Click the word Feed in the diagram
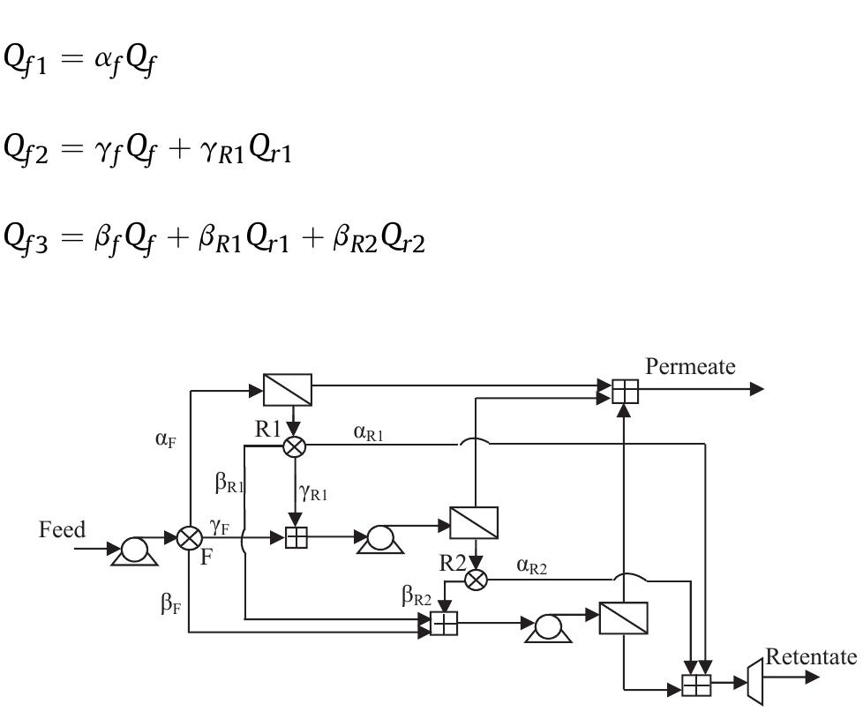(63, 530)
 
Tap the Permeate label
(690, 367)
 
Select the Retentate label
(811, 656)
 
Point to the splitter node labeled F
(189, 537)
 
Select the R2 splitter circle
(476, 580)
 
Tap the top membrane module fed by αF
(288, 389)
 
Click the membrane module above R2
(474, 522)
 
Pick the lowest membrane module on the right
(623, 618)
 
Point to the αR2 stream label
(532, 567)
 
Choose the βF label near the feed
(170, 605)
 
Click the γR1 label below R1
(313, 494)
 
